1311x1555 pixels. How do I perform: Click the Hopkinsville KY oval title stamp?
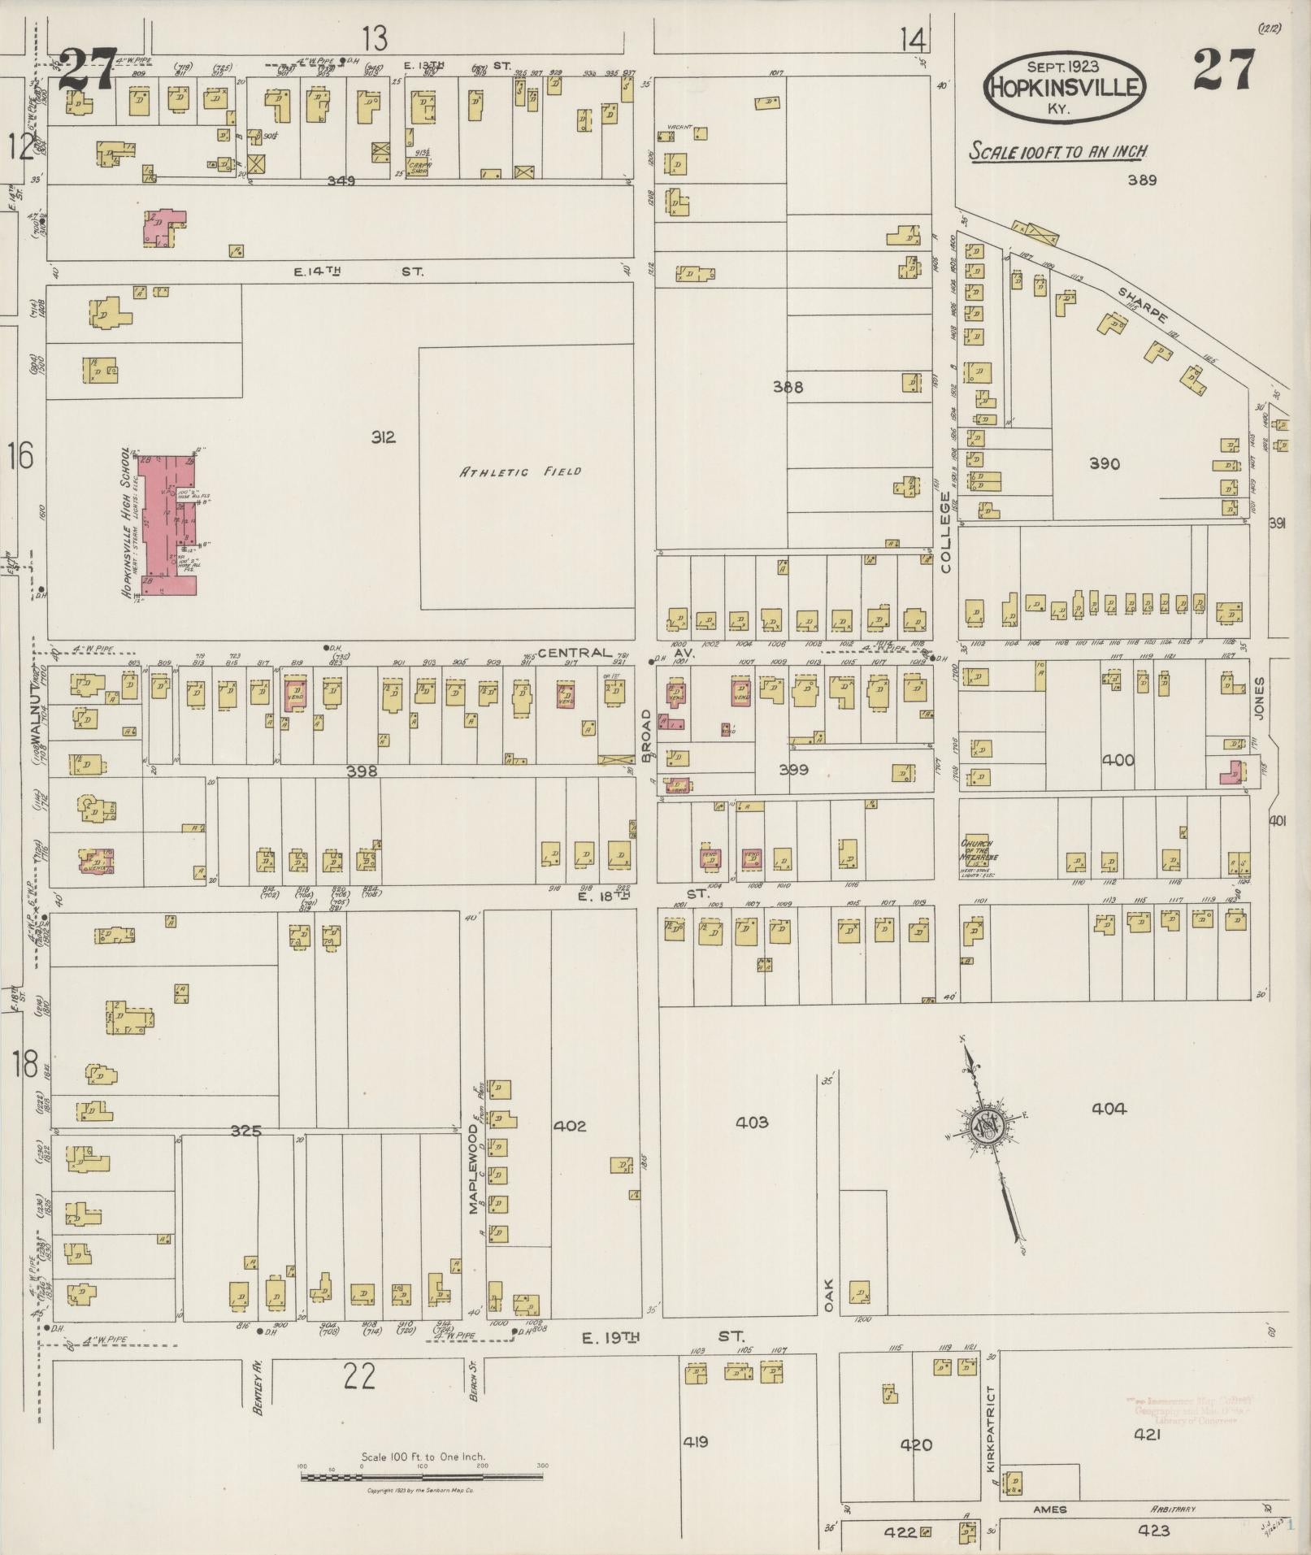pyautogui.click(x=1064, y=88)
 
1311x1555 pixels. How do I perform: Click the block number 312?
pyautogui.click(x=384, y=437)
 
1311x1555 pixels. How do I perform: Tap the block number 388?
pyautogui.click(x=788, y=388)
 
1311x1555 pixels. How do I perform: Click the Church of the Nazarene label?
pyautogui.click(x=980, y=856)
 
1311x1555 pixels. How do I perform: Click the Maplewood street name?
pyautogui.click(x=473, y=1177)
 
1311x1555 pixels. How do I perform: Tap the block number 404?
pyautogui.click(x=1109, y=1108)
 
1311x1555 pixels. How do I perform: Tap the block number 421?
pyautogui.click(x=1147, y=1435)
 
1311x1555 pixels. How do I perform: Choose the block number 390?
pyautogui.click(x=1104, y=463)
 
